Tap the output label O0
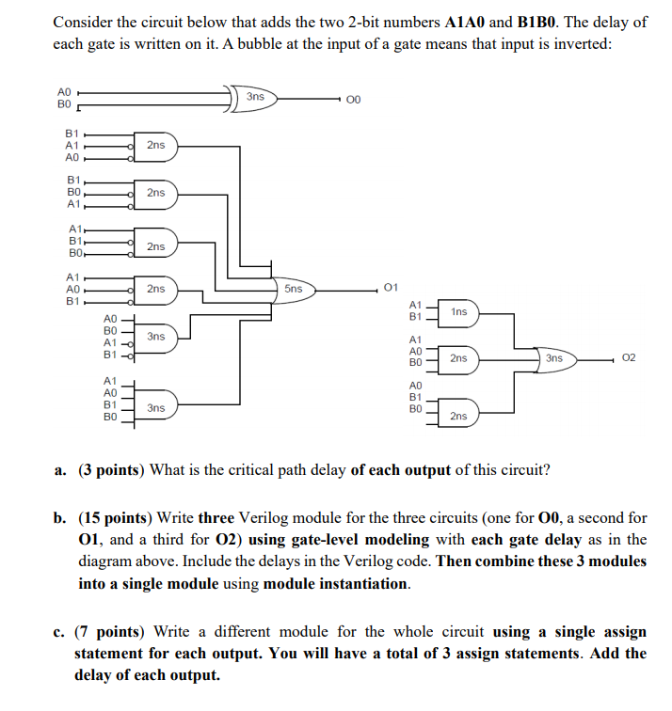click(x=353, y=100)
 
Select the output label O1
click(x=392, y=286)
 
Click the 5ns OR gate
click(x=293, y=288)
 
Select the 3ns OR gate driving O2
click(x=553, y=358)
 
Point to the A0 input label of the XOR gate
click(x=64, y=90)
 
